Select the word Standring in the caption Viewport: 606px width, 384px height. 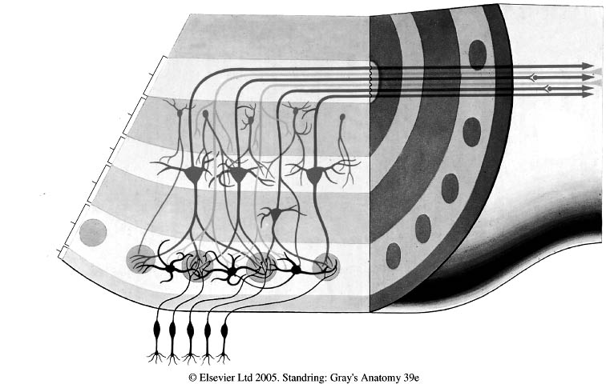point(314,375)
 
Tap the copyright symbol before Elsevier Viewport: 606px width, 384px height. point(192,375)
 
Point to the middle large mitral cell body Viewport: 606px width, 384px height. point(238,174)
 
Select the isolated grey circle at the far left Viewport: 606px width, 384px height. point(93,233)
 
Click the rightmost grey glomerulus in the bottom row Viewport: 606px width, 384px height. point(326,264)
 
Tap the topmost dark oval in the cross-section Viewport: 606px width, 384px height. point(478,54)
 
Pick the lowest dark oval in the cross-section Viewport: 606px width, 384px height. point(394,255)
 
